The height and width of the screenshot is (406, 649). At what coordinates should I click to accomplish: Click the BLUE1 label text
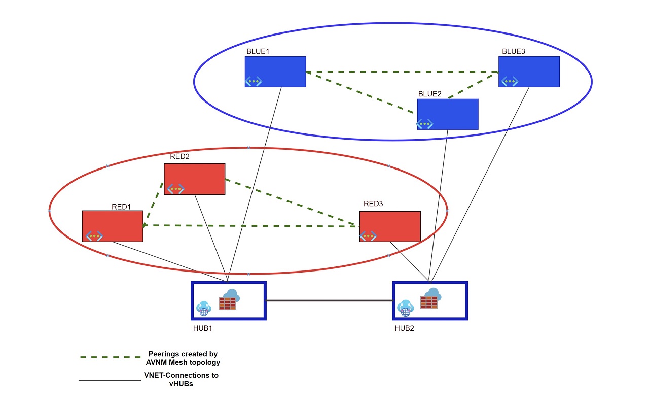pos(258,52)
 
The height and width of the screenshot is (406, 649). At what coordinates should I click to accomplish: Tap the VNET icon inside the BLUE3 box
pos(509,81)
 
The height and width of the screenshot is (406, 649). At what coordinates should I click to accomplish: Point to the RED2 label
pos(179,157)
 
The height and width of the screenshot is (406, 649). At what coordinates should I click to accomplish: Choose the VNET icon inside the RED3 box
pos(368,236)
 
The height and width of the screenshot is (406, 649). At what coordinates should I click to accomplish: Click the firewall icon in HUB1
pos(228,303)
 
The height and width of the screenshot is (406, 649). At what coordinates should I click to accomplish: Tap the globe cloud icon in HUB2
pos(406,308)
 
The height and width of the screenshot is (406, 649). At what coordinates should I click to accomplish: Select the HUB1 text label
pos(202,328)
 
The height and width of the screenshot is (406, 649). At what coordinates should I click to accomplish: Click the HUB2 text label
pos(404,328)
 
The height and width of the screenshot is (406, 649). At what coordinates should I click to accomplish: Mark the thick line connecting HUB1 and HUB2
pos(330,301)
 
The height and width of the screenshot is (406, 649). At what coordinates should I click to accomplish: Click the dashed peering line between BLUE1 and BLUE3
pos(401,72)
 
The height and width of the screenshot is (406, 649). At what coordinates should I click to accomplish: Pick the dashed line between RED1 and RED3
pos(251,226)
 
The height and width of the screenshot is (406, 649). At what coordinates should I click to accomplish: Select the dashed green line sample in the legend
pos(110,358)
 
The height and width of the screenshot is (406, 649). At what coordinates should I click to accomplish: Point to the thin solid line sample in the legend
pos(110,380)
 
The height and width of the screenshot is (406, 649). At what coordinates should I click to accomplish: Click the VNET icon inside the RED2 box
pos(175,189)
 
